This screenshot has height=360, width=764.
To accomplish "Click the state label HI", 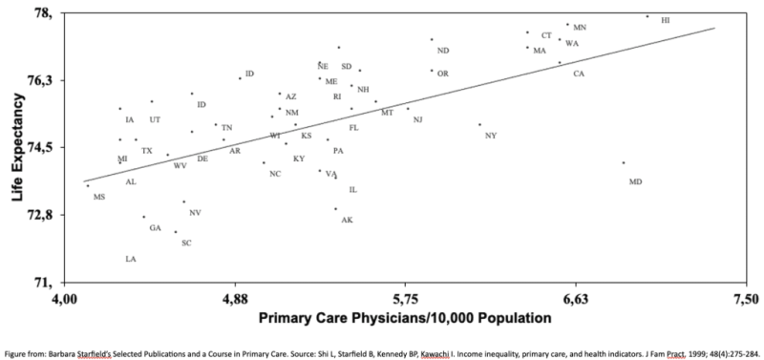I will [x=665, y=20].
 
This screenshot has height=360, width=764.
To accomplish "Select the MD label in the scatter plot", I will [x=635, y=181].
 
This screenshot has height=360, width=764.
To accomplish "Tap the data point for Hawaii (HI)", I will [x=647, y=16].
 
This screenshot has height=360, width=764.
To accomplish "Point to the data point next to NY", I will [x=479, y=124].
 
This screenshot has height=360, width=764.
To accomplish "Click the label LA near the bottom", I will [x=130, y=259].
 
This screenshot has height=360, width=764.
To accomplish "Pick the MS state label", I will [x=99, y=197].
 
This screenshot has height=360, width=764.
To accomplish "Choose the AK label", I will [x=347, y=220].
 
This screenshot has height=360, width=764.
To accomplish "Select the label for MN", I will [x=580, y=28].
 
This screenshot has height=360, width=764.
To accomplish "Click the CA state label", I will [x=579, y=74].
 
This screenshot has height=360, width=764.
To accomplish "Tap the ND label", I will [x=443, y=51].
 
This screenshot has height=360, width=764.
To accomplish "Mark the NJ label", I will [x=417, y=119].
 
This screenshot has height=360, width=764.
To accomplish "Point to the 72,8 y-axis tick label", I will [x=39, y=215].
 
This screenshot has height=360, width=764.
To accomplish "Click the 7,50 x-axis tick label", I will [x=744, y=299].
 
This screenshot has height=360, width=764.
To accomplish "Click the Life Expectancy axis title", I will [x=17, y=148].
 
